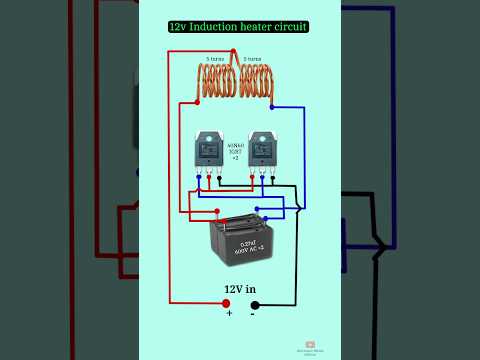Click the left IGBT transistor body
[211, 150]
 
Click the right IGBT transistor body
[264, 150]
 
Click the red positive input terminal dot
[226, 304]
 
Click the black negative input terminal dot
[254, 304]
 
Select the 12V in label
[240, 288]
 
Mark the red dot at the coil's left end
[198, 102]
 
